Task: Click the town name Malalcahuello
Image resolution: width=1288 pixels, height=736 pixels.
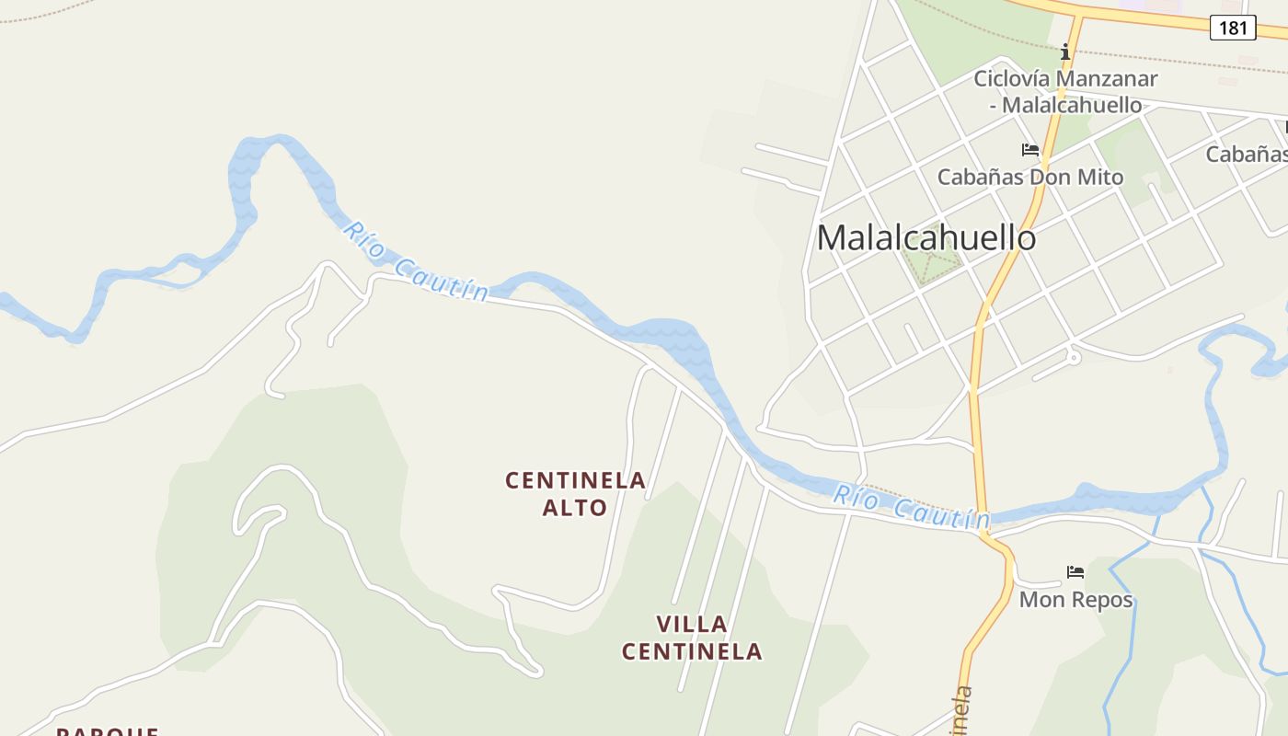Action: pyautogui.click(x=926, y=237)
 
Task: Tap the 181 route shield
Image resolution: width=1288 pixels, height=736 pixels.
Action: pyautogui.click(x=1232, y=28)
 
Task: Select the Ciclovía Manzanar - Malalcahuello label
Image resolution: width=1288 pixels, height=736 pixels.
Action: pyautogui.click(x=1065, y=91)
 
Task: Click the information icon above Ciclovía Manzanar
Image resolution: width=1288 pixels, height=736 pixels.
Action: pyautogui.click(x=1065, y=52)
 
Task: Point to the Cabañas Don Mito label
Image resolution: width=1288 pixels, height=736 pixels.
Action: pyautogui.click(x=1029, y=177)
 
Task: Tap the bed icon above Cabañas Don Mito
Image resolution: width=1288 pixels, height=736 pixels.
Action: pyautogui.click(x=1029, y=150)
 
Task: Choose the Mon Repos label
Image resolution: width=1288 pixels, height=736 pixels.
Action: pyautogui.click(x=1075, y=600)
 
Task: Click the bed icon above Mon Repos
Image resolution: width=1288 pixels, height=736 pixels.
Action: pyautogui.click(x=1075, y=572)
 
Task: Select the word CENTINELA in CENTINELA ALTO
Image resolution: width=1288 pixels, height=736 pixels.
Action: pyautogui.click(x=575, y=480)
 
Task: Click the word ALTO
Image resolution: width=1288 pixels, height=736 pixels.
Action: pyautogui.click(x=575, y=507)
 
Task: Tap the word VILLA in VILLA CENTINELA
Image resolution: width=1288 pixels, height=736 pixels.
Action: pyautogui.click(x=692, y=624)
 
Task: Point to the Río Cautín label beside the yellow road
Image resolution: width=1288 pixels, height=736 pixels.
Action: pyautogui.click(x=911, y=509)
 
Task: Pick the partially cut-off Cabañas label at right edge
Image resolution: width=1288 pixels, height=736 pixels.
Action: pyautogui.click(x=1247, y=154)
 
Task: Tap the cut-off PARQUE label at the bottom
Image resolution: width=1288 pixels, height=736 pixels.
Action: pyautogui.click(x=108, y=730)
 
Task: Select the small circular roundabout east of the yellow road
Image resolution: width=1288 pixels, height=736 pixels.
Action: pyautogui.click(x=1074, y=357)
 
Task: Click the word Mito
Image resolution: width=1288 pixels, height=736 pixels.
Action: pyautogui.click(x=1100, y=177)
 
